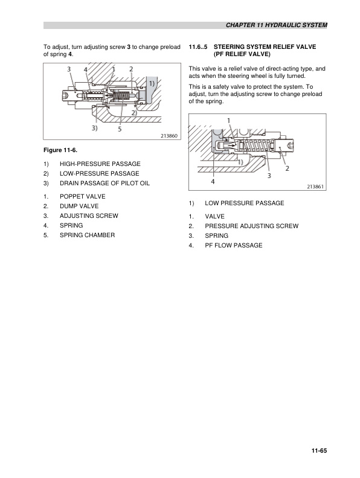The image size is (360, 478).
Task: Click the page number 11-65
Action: click(x=318, y=449)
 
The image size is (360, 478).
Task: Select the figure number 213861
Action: click(x=315, y=187)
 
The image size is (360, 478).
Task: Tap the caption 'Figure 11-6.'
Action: click(x=61, y=148)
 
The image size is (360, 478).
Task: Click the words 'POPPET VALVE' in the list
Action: click(x=82, y=196)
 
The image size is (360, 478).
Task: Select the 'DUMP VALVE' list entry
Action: click(x=79, y=206)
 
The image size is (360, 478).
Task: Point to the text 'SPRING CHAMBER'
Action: click(x=86, y=235)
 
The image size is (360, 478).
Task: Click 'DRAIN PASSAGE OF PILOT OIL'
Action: click(x=104, y=183)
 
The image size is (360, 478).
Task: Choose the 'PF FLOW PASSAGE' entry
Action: click(x=233, y=245)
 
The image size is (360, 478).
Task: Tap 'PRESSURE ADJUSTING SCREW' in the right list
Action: click(x=251, y=226)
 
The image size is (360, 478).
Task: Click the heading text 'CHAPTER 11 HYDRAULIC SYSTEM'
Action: click(x=276, y=26)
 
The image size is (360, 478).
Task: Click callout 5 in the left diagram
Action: click(x=120, y=129)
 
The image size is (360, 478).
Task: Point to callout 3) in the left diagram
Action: click(x=95, y=128)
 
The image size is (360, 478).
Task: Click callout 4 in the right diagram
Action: click(x=213, y=181)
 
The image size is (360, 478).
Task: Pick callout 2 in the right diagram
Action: click(x=286, y=168)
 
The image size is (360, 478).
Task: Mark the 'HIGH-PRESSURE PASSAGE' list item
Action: click(x=100, y=164)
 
